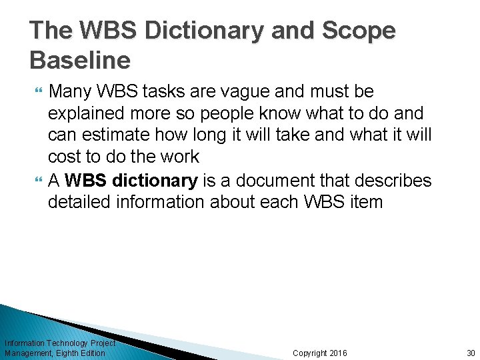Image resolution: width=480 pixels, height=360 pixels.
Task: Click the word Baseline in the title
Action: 80,61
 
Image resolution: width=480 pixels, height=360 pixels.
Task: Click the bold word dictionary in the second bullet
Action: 156,180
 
